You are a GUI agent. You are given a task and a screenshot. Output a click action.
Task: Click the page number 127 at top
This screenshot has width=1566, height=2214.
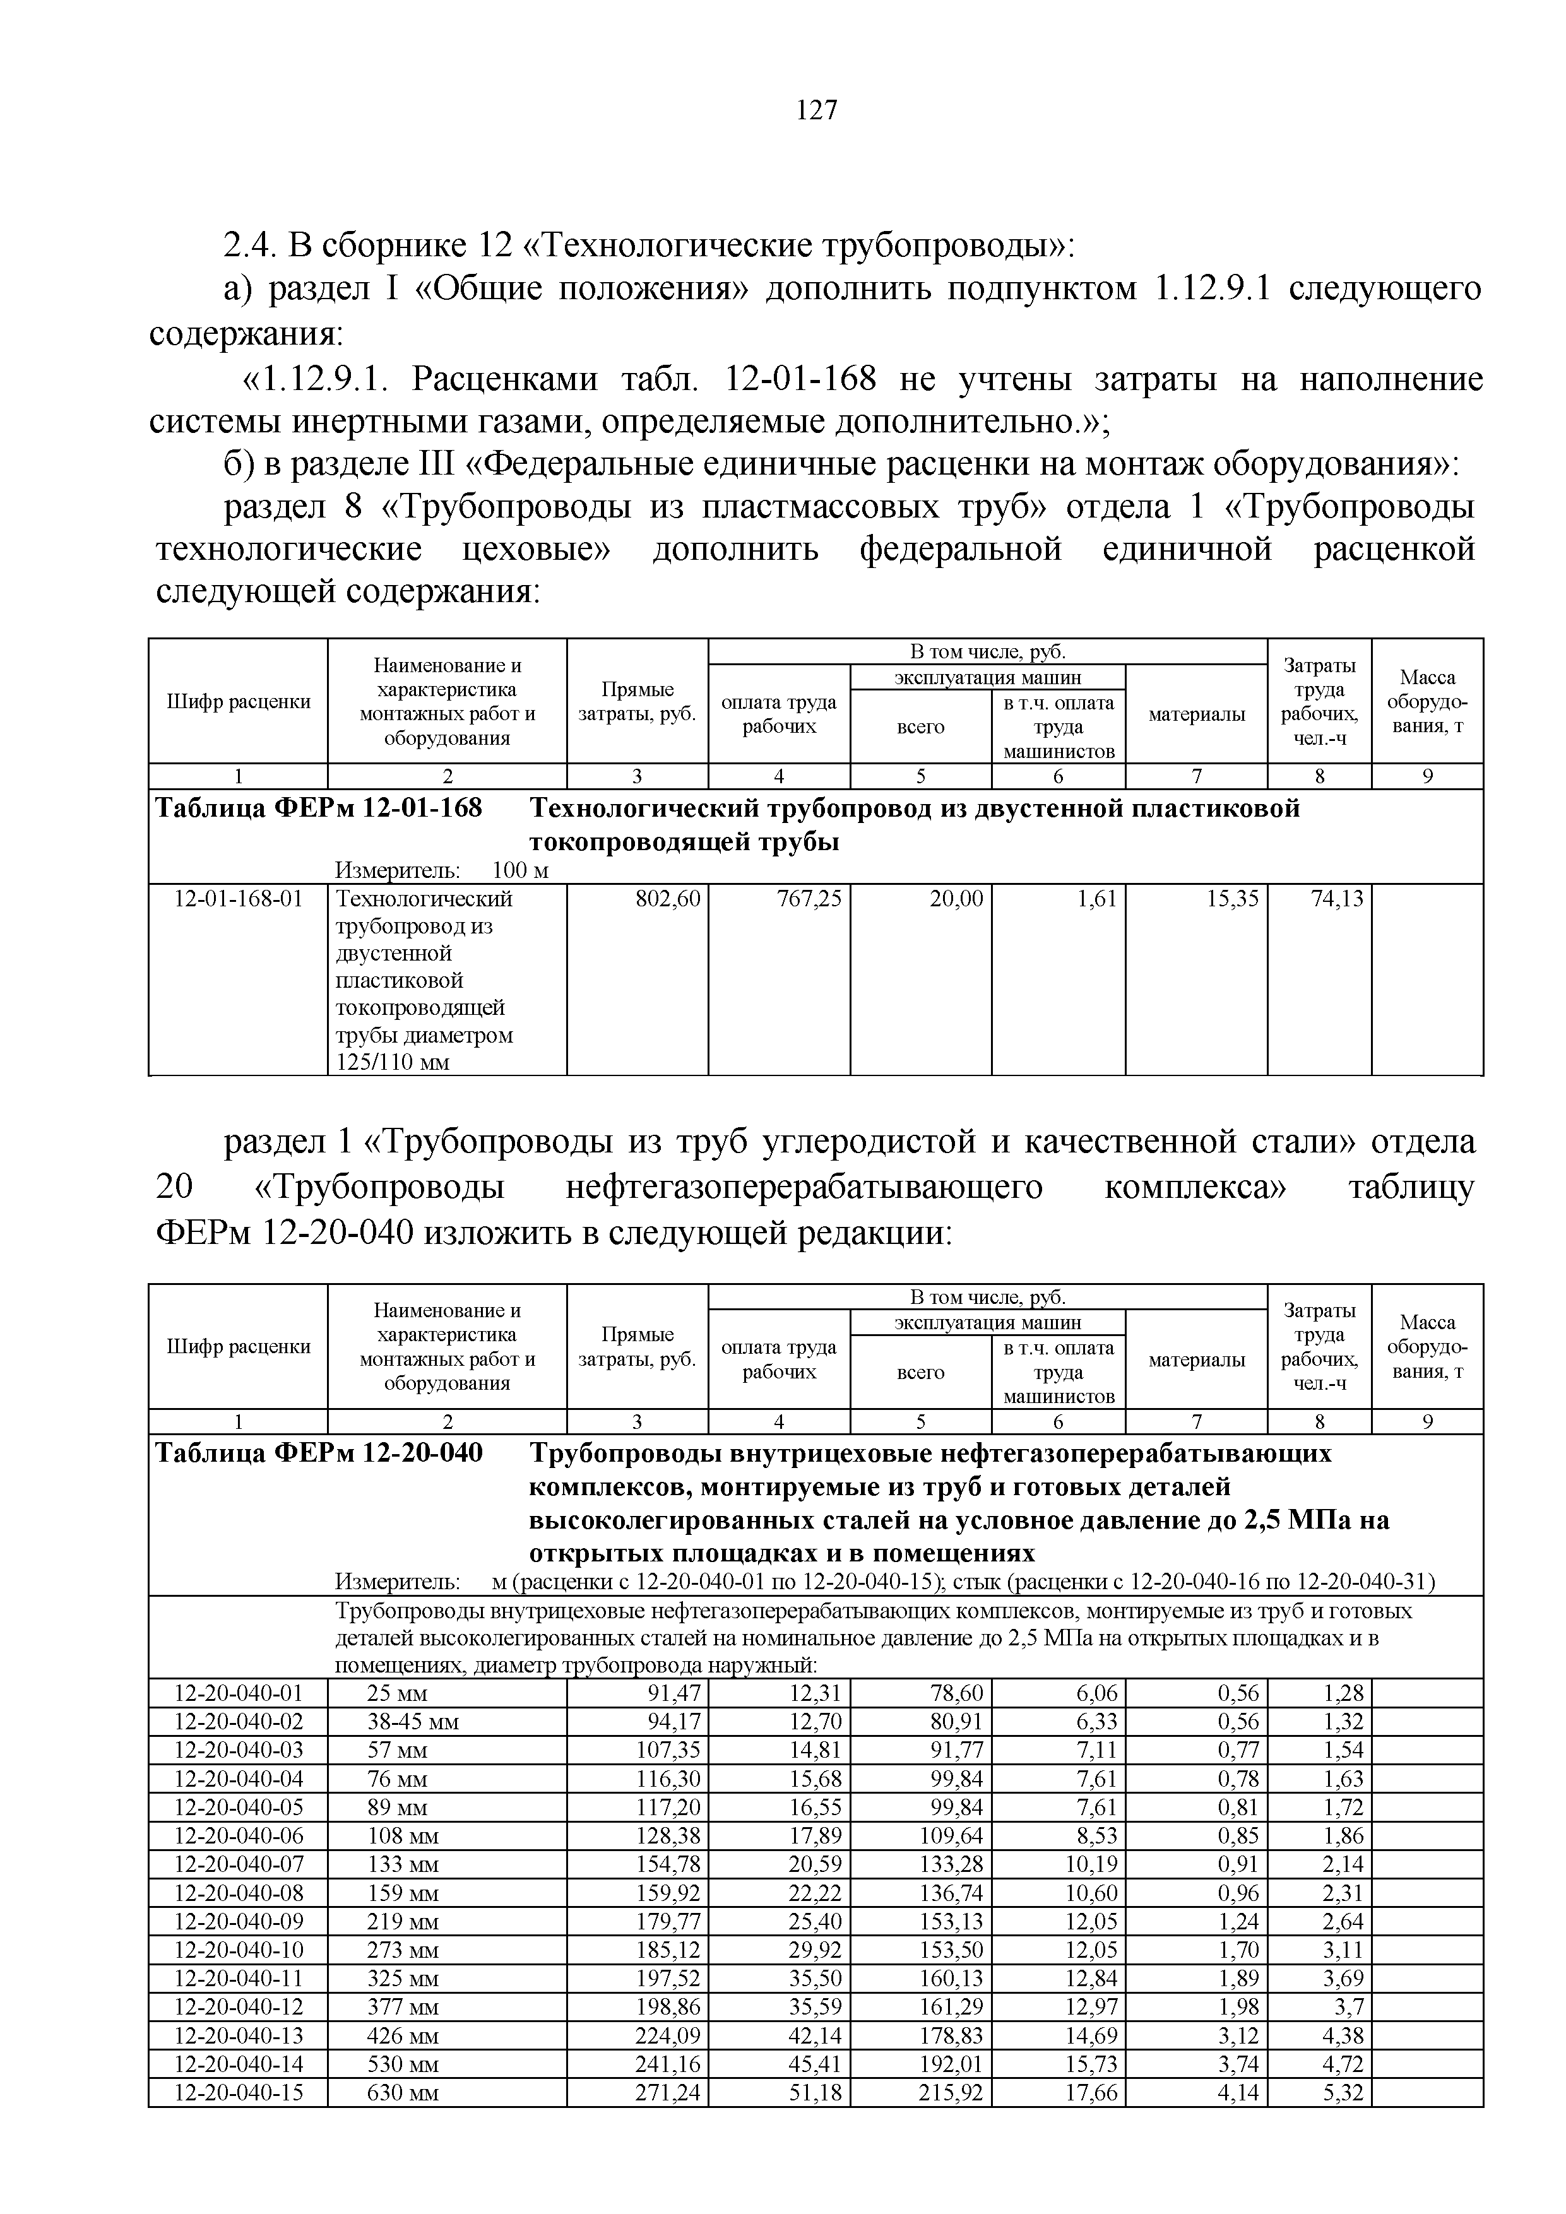click(x=817, y=111)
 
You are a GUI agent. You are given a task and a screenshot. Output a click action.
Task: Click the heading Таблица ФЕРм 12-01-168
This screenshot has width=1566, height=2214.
click(x=318, y=808)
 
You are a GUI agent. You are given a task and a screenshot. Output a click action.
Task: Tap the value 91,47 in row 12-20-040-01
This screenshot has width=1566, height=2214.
click(x=675, y=1693)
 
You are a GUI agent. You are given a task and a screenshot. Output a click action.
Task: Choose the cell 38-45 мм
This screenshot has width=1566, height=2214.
click(x=413, y=1722)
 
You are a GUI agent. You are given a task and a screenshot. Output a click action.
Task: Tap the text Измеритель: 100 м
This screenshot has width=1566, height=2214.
click(x=441, y=871)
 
